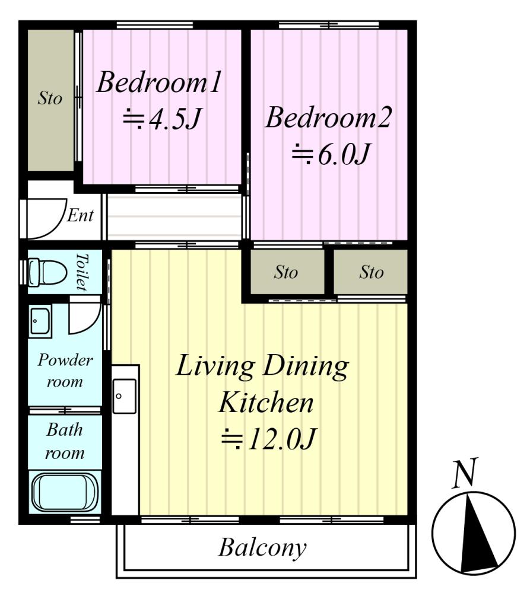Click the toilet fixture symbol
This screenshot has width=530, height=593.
point(47,272)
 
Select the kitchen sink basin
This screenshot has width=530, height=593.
point(125,396)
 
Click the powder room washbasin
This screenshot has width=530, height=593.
point(40,321)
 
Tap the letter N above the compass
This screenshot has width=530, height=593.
point(465,473)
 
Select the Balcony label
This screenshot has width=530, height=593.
point(262,547)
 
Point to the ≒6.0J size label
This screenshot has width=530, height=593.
point(330,154)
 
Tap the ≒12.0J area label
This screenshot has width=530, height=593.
point(268,439)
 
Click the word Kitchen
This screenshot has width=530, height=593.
point(266,403)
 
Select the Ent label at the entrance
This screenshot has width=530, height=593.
point(80,216)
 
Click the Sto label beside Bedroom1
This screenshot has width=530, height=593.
point(50,98)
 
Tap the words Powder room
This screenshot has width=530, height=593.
point(65,371)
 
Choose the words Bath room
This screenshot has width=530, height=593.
point(65,441)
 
